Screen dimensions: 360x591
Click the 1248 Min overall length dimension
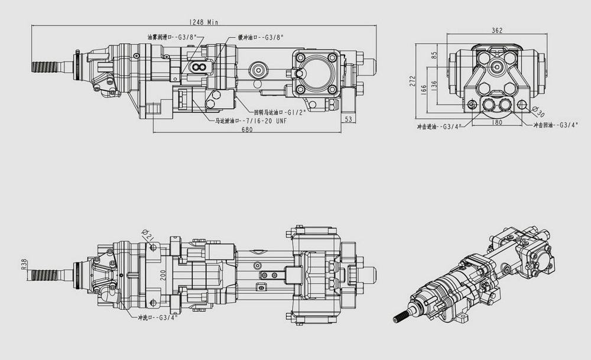point(203,22)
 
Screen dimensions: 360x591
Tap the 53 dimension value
point(349,119)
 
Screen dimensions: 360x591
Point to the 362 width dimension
point(496,31)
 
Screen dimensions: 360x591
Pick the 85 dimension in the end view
point(434,55)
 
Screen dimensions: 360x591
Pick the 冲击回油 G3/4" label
point(555,125)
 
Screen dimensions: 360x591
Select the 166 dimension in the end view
point(423,89)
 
